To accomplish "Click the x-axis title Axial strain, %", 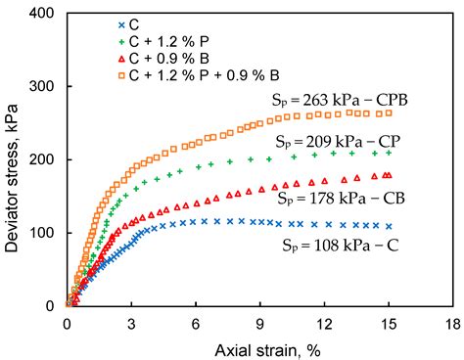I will [259, 349].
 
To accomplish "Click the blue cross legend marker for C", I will [95, 23].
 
